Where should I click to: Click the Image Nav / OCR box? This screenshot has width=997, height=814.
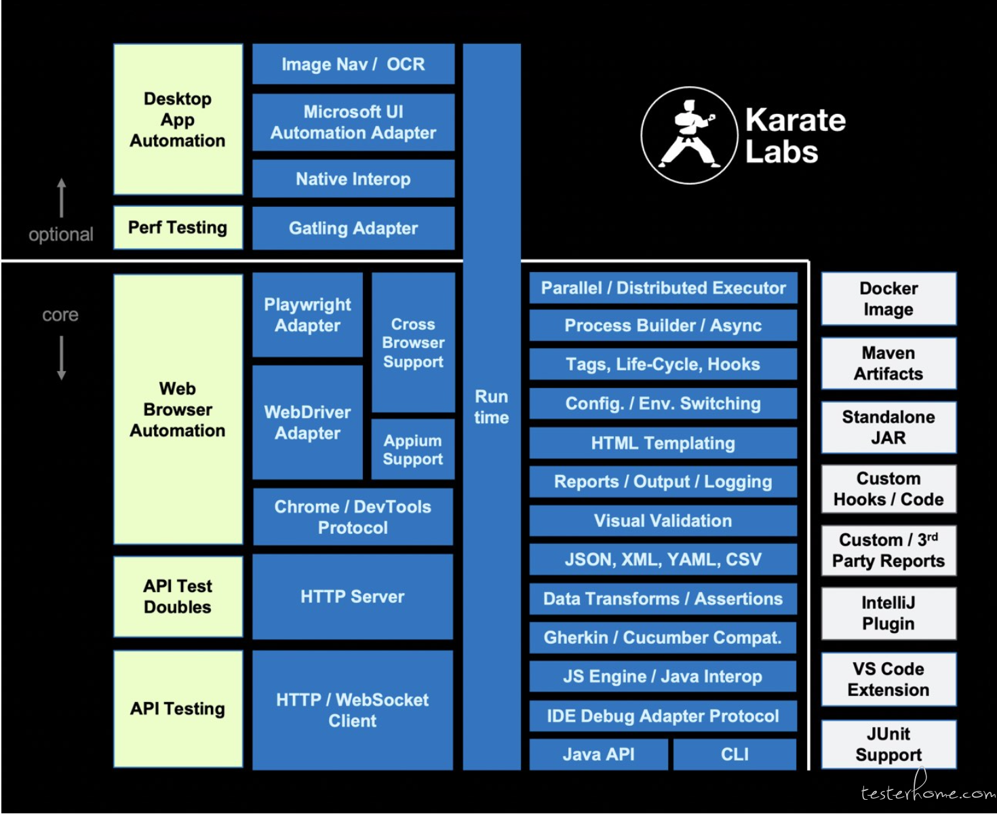tap(353, 64)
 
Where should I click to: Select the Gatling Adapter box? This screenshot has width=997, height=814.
tap(353, 228)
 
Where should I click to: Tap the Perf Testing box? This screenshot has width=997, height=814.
tap(178, 227)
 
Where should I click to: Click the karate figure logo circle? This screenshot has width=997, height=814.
tap(689, 135)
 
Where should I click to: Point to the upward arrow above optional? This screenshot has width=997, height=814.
tap(62, 197)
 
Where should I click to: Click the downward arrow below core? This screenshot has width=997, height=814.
tap(62, 358)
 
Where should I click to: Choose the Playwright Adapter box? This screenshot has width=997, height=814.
tap(307, 315)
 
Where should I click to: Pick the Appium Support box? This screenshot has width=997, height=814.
tap(412, 449)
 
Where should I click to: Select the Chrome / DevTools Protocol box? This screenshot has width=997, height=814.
tap(353, 517)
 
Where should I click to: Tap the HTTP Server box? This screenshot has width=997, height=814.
tap(353, 596)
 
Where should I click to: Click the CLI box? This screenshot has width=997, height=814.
tap(735, 754)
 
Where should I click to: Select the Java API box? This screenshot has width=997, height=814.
tap(598, 754)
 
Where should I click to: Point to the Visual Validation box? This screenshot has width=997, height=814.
tap(663, 520)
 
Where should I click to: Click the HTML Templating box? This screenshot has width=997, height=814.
tap(663, 443)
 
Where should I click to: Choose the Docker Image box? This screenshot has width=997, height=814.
tap(888, 298)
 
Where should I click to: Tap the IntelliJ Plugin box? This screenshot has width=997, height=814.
tap(888, 613)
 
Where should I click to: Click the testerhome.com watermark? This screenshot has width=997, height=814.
tap(928, 790)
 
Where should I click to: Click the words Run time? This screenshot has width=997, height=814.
tap(492, 406)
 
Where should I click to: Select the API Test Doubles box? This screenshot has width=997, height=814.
tap(178, 596)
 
